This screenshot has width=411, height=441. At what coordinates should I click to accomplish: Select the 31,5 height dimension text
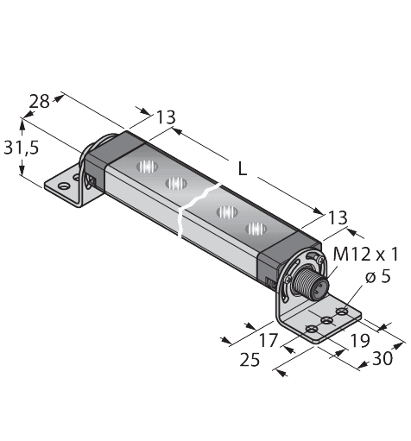tap(21, 148)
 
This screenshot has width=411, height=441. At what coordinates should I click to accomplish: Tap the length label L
tap(243, 170)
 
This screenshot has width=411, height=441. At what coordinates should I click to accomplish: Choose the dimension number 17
tap(269, 340)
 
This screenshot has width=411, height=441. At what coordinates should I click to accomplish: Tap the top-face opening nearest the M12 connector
tap(254, 229)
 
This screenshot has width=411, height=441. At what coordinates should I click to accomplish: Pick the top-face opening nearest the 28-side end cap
tap(142, 165)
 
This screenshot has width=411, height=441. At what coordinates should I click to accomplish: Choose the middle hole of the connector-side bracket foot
tap(327, 320)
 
